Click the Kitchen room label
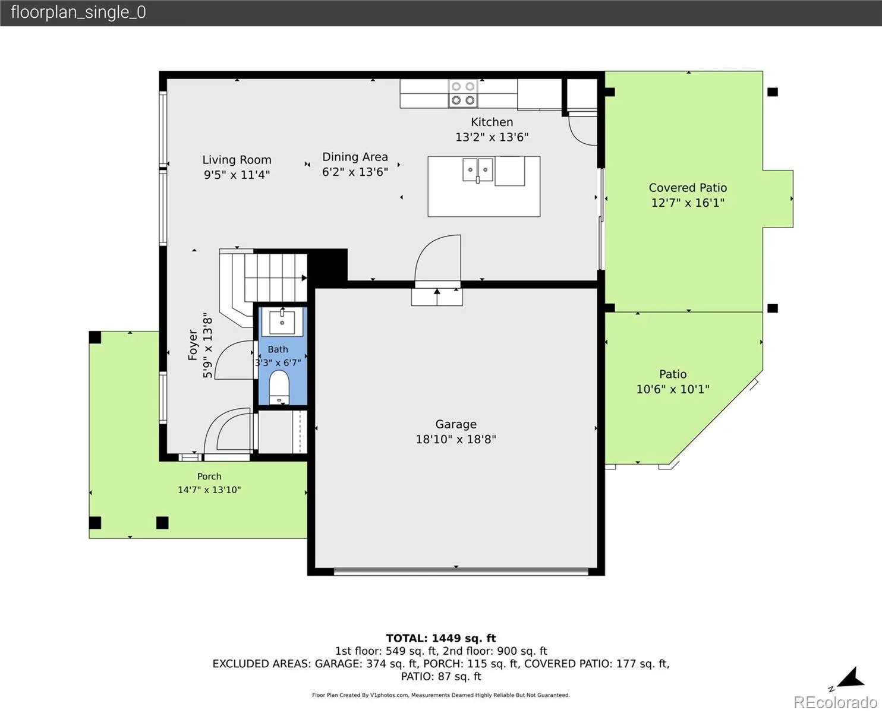[x=492, y=122]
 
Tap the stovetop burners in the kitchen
[x=463, y=93]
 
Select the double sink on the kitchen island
[x=478, y=169]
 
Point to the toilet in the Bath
[x=279, y=387]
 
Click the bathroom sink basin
[x=282, y=322]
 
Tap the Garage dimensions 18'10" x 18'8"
[x=455, y=439]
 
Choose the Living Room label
[x=237, y=160]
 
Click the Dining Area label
[x=355, y=157]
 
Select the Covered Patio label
[x=688, y=188]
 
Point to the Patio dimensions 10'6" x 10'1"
[x=673, y=389]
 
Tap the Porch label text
[x=209, y=477]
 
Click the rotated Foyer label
[x=193, y=345]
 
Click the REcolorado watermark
[x=835, y=702]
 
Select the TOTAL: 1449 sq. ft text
[x=441, y=638]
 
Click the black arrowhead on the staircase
[x=304, y=277]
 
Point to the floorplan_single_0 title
[x=78, y=12]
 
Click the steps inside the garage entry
[x=437, y=297]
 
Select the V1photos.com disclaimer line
[x=441, y=695]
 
